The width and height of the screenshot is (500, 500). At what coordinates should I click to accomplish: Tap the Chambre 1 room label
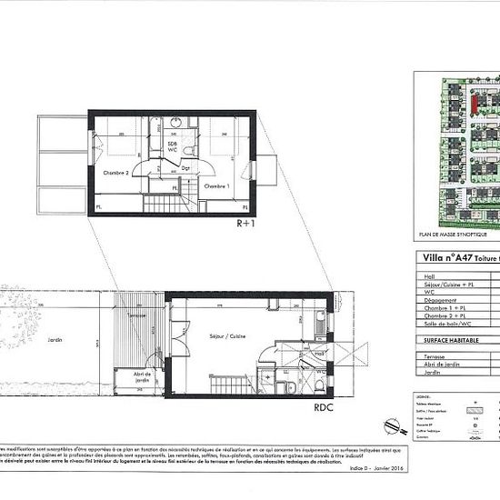coord(215,185)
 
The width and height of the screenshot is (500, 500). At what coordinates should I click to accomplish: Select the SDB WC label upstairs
coord(172,146)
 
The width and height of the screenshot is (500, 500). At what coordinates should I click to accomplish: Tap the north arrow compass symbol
coord(392,425)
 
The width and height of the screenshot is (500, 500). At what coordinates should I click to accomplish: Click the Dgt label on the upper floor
coord(185,168)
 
